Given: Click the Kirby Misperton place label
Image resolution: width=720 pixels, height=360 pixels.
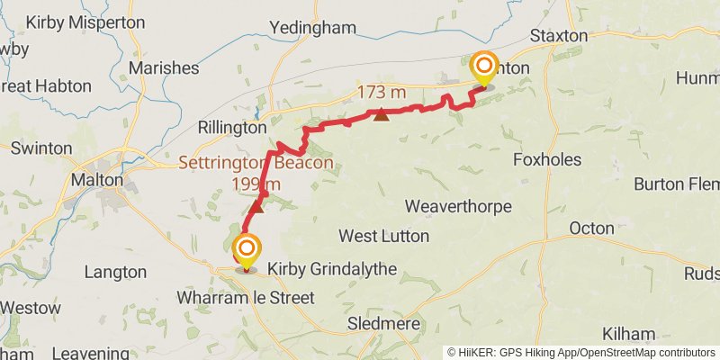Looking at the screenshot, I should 85,22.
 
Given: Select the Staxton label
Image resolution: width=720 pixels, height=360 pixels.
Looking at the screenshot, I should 559,36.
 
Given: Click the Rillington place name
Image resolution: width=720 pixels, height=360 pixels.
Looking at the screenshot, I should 231,128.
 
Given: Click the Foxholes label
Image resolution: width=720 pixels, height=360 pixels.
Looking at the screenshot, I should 547,159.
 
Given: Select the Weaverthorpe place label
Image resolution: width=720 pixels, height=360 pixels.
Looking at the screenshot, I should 458,206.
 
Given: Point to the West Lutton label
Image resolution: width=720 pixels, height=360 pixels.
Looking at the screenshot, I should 383,236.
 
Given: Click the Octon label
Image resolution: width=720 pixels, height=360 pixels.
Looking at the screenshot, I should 592,229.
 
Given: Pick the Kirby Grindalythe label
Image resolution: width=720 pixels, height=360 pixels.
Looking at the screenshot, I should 321,269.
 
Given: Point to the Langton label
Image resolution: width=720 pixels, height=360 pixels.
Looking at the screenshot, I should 114,272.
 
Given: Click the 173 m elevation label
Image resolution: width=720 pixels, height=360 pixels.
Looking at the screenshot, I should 382,93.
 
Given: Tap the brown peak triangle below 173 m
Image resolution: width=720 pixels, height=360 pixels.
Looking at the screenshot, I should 382,114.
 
